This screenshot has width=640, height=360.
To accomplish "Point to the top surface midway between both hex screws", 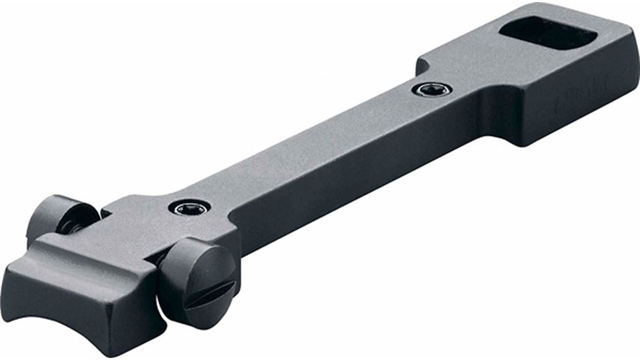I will pos(308,151).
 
